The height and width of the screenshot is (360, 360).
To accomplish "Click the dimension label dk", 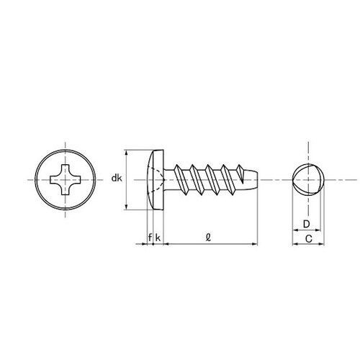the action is (x=117, y=179).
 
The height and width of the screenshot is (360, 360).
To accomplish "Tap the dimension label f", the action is (x=150, y=238).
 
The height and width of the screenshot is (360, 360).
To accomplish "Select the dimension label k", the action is (x=158, y=238).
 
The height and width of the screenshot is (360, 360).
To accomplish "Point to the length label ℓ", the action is (x=208, y=238).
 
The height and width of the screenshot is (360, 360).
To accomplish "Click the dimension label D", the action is (x=307, y=224).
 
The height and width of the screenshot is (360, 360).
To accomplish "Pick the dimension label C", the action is (x=309, y=239).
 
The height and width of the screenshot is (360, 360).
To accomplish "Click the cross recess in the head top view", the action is (x=66, y=179).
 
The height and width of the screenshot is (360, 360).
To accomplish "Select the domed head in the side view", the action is (x=156, y=179).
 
